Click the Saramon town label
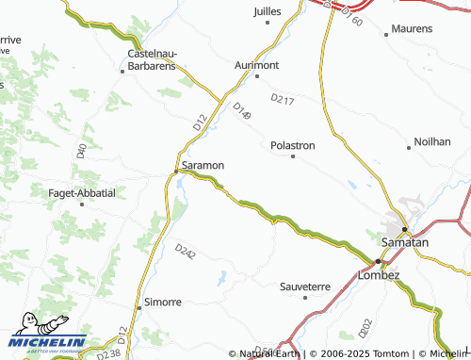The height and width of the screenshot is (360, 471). pos(203,166)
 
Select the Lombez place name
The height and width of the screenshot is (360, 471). pos(380,274)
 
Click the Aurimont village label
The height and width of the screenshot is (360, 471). pos(257,65)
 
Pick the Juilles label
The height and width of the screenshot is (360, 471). pos(268,11)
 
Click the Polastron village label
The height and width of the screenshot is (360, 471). pos(293,145)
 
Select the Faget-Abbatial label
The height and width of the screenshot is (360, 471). pos(81,192)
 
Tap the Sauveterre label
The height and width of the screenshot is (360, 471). pos(305,286)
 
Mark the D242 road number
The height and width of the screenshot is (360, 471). pos(186,252)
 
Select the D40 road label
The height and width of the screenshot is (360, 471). pos(82,150)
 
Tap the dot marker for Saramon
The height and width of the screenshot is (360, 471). pos(176,171)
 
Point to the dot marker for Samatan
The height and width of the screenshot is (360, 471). pos(404,229)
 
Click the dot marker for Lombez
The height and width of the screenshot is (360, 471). pos(378,261)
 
